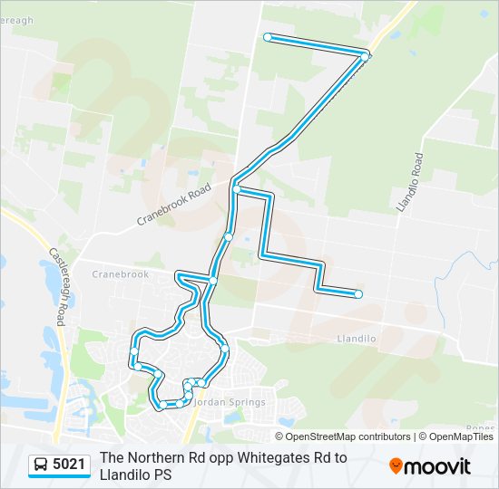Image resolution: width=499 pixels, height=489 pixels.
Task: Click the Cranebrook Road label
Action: point(174,205)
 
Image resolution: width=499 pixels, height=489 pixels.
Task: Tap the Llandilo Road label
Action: point(410,183)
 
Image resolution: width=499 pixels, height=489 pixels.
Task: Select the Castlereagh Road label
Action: point(58,287)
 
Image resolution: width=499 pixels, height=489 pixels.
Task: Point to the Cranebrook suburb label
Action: point(120,273)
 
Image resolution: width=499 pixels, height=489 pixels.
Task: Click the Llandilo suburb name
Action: point(356,339)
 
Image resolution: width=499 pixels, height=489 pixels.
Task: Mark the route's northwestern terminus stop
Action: point(268,37)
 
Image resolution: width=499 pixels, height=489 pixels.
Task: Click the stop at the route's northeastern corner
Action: point(365,56)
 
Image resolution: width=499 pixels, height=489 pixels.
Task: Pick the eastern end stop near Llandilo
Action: point(359,293)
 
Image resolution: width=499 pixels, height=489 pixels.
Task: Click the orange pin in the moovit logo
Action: point(396,466)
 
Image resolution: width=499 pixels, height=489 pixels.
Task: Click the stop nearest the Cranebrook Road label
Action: point(236,189)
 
